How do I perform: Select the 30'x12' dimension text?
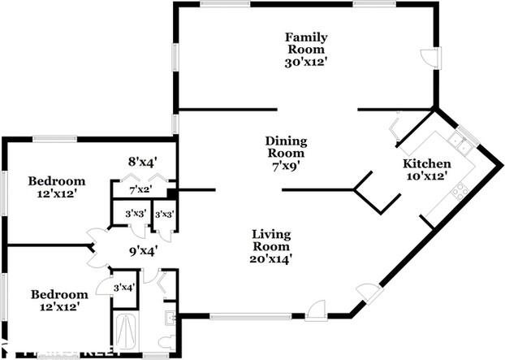click(307, 63)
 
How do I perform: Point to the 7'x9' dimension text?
click(285, 165)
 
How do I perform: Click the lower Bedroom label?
click(58, 293)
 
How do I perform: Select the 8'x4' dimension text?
click(141, 161)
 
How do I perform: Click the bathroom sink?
click(168, 316)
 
